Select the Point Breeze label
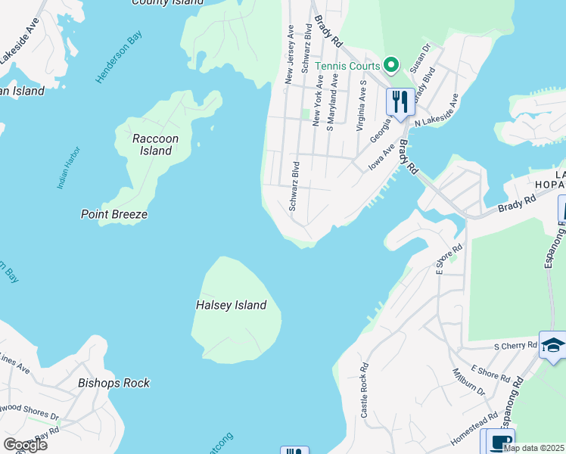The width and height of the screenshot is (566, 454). (x=114, y=214)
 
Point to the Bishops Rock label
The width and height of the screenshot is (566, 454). (x=114, y=383)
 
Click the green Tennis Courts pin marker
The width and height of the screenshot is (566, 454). (x=390, y=66)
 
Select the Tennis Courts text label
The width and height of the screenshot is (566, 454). (x=347, y=66)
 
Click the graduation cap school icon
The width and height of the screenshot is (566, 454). (x=552, y=346)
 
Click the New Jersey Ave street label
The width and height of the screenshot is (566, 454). (x=288, y=53)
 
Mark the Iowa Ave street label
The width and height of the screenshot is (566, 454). (x=381, y=158)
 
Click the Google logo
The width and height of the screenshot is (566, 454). (x=25, y=445)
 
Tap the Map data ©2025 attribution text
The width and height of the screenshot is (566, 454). (x=534, y=448)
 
